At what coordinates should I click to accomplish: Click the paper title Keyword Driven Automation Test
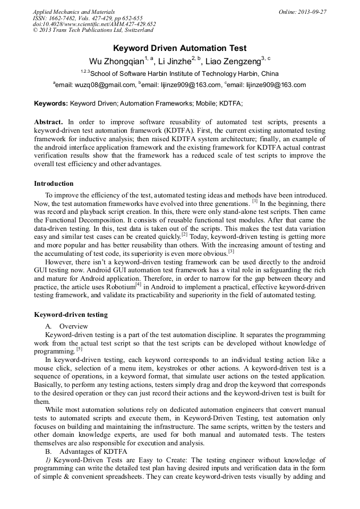pyautogui.click(x=179, y=48)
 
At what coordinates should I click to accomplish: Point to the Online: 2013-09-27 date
pyautogui.click(x=302, y=12)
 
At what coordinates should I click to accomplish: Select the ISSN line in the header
pyautogui.click(x=88, y=18)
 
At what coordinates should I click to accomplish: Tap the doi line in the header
pyautogui.click(x=94, y=24)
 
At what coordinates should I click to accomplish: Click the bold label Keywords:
pyautogui.click(x=51, y=103)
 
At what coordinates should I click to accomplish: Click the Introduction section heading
pyautogui.click(x=54, y=184)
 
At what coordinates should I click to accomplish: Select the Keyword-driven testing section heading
pyautogui.click(x=71, y=315)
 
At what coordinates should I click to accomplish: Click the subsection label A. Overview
pyautogui.click(x=67, y=326)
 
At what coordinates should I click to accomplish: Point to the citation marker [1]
pyautogui.click(x=255, y=202)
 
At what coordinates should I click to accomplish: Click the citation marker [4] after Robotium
pyautogui.click(x=138, y=284)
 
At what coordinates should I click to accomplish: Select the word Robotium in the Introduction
pyautogui.click(x=119, y=287)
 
